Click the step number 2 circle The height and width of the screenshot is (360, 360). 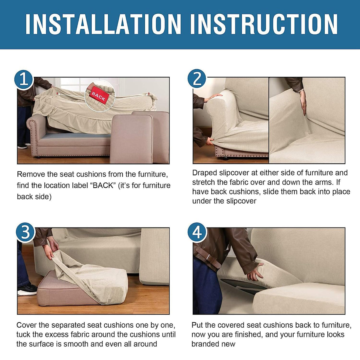point(197,79)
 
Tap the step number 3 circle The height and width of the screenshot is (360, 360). point(26,232)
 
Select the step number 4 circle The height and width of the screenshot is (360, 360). point(197,232)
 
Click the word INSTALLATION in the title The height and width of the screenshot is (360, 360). point(103,24)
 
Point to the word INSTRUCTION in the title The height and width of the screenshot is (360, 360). point(264,24)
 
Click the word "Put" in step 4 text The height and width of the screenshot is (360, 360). point(197,325)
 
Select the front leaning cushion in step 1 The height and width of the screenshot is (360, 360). point(131,139)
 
